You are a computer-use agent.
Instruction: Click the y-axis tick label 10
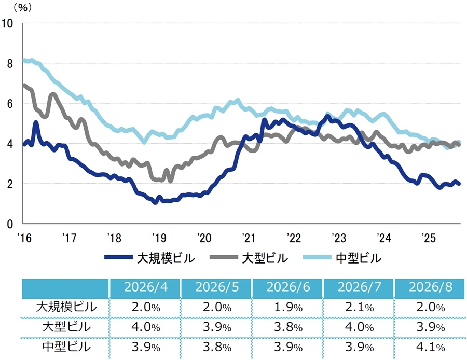click(x=7, y=23)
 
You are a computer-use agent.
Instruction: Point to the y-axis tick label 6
click(x=10, y=104)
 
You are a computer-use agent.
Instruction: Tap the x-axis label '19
click(x=159, y=238)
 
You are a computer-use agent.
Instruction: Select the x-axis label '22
click(x=294, y=238)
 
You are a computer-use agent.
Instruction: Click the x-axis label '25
click(x=429, y=238)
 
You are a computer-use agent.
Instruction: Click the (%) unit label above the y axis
click(x=23, y=7)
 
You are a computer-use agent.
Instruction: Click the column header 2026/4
click(x=146, y=287)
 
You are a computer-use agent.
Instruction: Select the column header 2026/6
click(x=288, y=287)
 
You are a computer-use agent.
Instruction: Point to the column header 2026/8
click(x=430, y=287)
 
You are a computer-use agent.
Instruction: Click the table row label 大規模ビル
click(x=66, y=307)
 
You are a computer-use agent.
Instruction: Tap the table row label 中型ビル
click(x=66, y=347)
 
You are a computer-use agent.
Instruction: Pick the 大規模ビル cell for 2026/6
click(x=288, y=307)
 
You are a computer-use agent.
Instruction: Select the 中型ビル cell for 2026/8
click(x=430, y=347)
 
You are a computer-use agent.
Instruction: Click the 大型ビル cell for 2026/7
click(x=359, y=327)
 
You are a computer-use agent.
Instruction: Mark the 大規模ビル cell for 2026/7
click(x=359, y=307)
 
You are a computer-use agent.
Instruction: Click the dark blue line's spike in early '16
click(x=36, y=122)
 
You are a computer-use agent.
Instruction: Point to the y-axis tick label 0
click(x=10, y=224)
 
